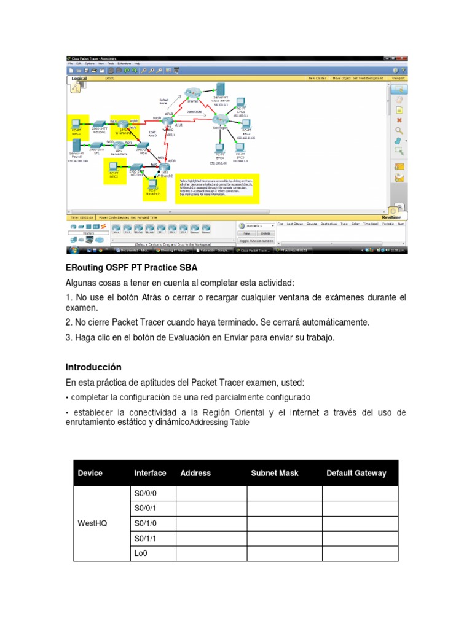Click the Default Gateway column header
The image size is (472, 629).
click(x=356, y=473)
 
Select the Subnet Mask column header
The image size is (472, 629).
click(x=275, y=473)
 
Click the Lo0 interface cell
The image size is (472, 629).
click(x=142, y=553)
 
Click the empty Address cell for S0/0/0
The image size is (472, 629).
click(x=211, y=493)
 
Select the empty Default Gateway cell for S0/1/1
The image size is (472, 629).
click(x=360, y=539)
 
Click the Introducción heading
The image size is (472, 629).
click(x=93, y=367)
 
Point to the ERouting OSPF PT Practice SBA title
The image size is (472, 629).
click(x=132, y=268)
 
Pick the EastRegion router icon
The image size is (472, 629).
click(x=221, y=122)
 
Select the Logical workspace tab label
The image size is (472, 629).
click(x=80, y=79)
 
